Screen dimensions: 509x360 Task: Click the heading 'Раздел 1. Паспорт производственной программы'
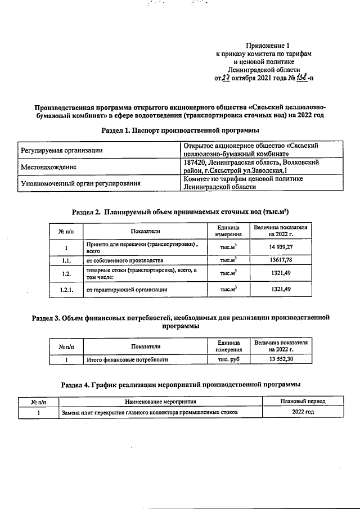[x=179, y=130]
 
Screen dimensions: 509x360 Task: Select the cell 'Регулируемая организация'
[x=62, y=150]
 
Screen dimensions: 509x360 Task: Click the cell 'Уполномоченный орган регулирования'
[x=80, y=183]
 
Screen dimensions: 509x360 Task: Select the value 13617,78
[x=280, y=260]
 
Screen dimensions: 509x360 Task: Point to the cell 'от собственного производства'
[x=124, y=260]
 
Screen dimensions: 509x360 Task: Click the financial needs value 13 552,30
[x=280, y=359]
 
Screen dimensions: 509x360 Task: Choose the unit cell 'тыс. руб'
[x=228, y=359]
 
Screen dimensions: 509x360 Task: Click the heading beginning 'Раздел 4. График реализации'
[x=179, y=384]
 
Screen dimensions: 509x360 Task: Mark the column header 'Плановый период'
[x=302, y=402]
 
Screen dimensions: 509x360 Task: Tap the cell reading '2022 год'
[x=302, y=412]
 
